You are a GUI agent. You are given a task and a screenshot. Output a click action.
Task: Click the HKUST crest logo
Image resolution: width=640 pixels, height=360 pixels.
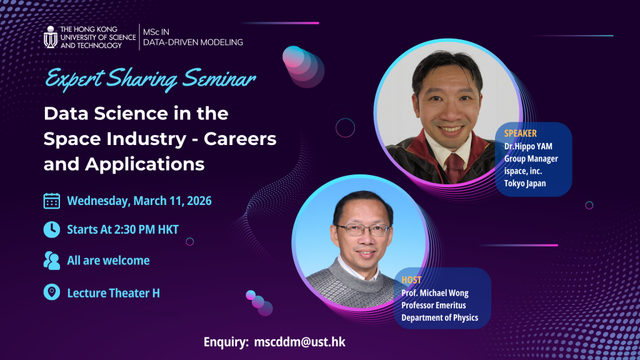(x=51, y=37)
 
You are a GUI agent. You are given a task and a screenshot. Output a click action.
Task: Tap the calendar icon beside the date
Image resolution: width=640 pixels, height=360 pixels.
(x=52, y=201)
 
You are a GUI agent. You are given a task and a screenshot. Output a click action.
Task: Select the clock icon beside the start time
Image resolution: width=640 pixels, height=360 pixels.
(x=52, y=229)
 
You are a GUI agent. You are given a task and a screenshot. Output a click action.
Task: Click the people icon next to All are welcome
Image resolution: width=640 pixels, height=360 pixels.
(x=52, y=261)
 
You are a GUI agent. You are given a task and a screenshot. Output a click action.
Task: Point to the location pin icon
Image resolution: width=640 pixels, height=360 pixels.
(x=52, y=292)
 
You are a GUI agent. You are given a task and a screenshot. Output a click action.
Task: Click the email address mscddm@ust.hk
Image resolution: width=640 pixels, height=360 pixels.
(x=299, y=342)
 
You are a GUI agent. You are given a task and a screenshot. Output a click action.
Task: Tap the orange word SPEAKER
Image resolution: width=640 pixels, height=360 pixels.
(x=521, y=134)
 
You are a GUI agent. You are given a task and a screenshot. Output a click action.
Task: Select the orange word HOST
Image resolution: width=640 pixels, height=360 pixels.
(x=411, y=280)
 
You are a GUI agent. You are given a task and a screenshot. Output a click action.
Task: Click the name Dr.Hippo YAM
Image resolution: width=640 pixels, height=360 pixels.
(x=528, y=146)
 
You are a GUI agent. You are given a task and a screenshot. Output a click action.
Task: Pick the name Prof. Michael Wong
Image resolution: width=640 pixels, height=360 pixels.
(x=435, y=293)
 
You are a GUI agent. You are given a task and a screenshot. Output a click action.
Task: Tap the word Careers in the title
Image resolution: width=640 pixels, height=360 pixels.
(x=240, y=139)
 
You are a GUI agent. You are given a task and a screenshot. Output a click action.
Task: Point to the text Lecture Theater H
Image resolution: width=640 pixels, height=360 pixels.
(x=114, y=293)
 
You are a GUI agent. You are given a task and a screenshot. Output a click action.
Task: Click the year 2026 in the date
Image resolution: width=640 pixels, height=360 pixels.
(x=199, y=201)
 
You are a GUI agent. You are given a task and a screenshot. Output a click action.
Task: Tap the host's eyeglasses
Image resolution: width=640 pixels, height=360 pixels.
(x=362, y=230)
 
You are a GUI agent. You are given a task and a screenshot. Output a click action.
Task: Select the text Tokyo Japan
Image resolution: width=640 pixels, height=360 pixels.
(x=525, y=183)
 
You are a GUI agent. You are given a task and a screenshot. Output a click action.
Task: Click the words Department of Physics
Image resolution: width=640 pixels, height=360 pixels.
(x=439, y=317)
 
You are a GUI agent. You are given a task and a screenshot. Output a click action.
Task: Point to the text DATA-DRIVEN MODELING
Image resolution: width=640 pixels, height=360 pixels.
(x=192, y=42)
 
